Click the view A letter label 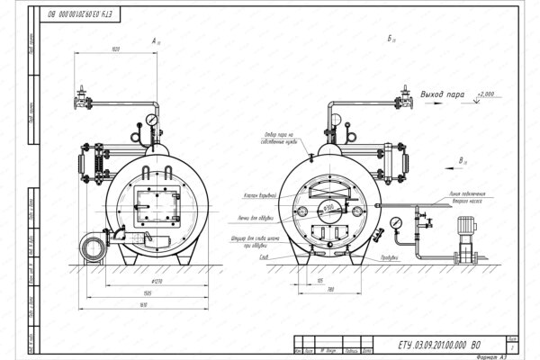click(x=154, y=40)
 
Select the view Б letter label click(x=389, y=40)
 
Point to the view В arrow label click(x=461, y=160)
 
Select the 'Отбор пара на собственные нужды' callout click(x=279, y=140)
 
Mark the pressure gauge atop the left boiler click(x=154, y=118)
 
